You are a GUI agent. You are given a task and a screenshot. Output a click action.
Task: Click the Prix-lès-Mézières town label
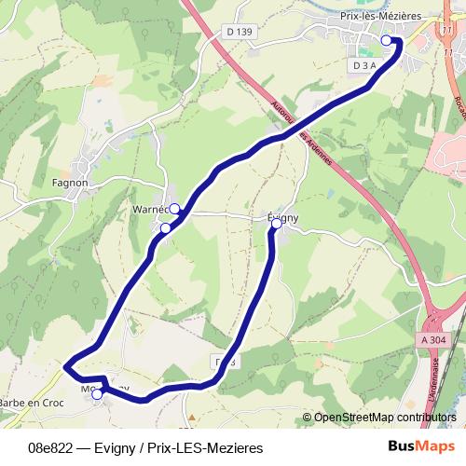[380, 16]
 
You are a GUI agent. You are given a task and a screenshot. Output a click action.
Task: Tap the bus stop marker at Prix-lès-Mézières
[387, 40]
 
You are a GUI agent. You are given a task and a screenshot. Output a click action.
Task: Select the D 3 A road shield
[364, 65]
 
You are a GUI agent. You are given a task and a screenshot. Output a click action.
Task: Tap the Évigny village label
[282, 217]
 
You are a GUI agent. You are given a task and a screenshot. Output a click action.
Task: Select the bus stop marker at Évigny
[276, 224]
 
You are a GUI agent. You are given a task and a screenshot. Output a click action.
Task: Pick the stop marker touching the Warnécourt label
[174, 208]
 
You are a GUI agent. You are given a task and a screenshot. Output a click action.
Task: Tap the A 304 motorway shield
[433, 341]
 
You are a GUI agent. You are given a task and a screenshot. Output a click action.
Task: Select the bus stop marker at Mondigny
[97, 393]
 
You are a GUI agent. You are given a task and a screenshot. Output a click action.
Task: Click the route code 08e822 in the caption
[51, 447]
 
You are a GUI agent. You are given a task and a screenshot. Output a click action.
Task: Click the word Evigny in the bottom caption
[121, 447]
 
